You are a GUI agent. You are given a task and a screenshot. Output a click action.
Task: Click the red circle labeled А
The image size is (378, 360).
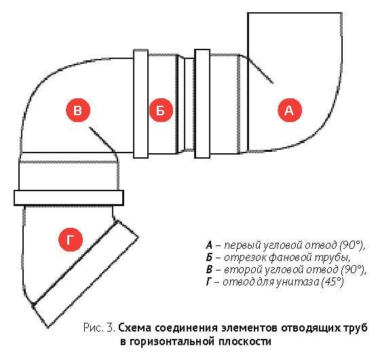(290, 111)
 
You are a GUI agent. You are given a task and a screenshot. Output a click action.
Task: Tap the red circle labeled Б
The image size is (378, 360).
(161, 111)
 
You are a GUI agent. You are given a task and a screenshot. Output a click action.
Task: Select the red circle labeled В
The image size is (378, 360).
(78, 111)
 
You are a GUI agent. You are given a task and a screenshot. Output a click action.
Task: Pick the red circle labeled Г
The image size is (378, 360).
(71, 240)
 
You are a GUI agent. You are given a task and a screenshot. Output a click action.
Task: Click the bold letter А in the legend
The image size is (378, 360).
(209, 245)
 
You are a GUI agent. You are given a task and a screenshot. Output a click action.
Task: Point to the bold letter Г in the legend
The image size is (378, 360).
(209, 282)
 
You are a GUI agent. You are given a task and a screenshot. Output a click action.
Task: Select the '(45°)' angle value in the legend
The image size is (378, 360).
(333, 282)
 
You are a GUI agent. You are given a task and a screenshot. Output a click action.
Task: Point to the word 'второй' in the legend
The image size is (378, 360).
(242, 270)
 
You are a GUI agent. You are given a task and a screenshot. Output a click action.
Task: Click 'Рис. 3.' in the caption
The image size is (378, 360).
(99, 327)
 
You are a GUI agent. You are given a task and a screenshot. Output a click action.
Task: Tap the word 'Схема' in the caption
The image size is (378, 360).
(135, 328)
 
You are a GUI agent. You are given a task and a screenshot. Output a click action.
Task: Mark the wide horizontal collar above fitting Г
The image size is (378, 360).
(69, 198)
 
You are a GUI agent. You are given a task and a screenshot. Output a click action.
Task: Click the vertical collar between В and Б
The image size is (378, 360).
(140, 104)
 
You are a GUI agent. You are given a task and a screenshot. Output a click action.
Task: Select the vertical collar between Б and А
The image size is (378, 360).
(202, 104)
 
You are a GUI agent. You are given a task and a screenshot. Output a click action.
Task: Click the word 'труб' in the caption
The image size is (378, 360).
(356, 328)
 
